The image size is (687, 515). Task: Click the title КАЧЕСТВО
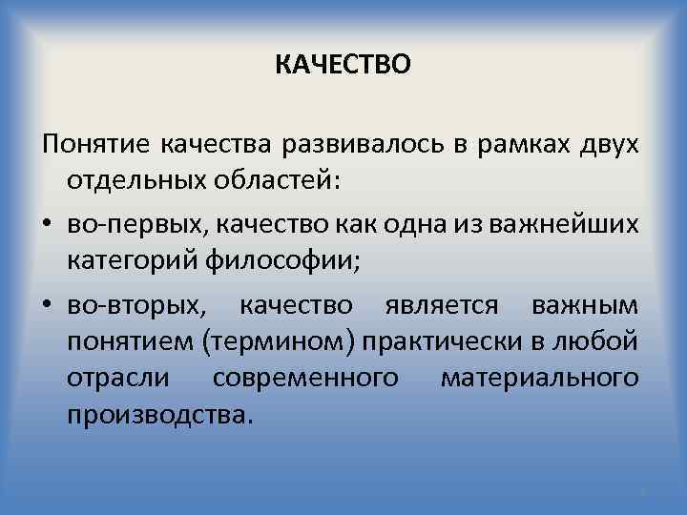tap(343, 64)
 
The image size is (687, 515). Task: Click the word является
tap(441, 305)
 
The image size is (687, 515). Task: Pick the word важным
tap(588, 305)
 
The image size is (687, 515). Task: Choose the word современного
tap(305, 378)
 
